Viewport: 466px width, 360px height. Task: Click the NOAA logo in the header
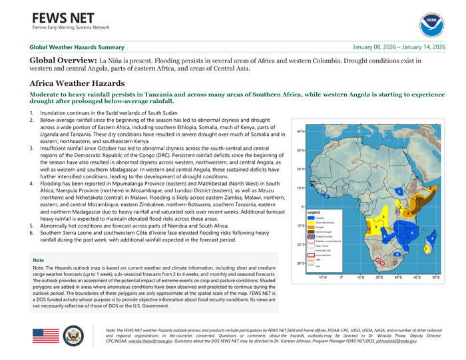(431, 25)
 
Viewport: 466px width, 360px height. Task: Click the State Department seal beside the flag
(73, 335)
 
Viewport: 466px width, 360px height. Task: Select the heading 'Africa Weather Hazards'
(77, 83)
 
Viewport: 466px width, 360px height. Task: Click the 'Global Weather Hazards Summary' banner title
(77, 47)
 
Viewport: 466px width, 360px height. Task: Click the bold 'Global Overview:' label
(63, 61)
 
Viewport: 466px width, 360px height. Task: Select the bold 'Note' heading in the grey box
(39, 260)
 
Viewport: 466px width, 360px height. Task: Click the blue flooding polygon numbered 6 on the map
(326, 197)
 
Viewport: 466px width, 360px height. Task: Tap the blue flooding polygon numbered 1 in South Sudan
(398, 192)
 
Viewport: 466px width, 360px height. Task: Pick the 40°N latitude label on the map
(301, 132)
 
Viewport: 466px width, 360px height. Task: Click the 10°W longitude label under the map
(322, 277)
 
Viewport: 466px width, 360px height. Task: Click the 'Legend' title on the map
(314, 212)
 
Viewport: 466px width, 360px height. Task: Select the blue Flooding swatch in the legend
(311, 218)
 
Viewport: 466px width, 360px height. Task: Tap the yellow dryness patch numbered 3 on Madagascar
(425, 249)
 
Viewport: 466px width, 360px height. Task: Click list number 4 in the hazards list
(31, 182)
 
